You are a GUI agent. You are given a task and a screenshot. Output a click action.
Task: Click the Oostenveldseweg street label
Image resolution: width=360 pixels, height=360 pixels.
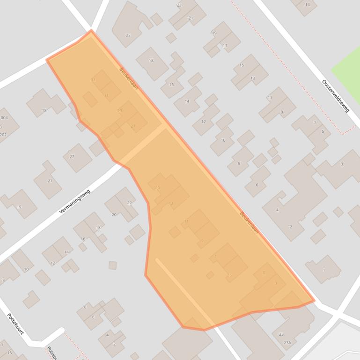click(x=336, y=96)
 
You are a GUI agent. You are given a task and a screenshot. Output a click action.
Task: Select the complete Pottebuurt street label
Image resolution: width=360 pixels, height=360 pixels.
click(x=15, y=324)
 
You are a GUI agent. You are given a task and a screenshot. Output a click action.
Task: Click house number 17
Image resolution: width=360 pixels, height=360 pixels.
click(x=225, y=46)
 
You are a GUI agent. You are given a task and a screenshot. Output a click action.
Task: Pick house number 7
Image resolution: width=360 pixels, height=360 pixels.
click(x=315, y=123)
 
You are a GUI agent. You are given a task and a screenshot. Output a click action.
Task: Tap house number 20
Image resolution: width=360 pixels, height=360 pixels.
click(x=114, y=215)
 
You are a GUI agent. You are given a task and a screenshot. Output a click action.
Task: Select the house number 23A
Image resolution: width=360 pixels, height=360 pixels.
click(x=287, y=343)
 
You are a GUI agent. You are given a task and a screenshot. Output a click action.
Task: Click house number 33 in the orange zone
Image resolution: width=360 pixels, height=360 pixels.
click(x=93, y=80)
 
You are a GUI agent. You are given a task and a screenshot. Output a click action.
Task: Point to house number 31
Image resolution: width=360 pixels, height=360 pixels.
click(x=107, y=95)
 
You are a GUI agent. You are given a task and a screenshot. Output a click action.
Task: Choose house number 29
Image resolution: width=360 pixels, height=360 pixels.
click(x=119, y=111)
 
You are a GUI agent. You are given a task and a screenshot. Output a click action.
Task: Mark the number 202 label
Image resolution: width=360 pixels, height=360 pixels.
click(x=3, y=135)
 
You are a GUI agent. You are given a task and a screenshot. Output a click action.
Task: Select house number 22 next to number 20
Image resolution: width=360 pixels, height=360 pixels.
click(x=130, y=203)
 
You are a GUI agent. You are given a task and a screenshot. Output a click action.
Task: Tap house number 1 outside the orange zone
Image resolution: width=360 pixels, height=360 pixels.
click(x=324, y=270)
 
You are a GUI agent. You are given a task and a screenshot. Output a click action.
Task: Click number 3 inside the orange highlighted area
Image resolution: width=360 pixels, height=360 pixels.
click(x=264, y=273)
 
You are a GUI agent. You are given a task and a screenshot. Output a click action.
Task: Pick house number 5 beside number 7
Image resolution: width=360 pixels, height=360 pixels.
click(x=323, y=132)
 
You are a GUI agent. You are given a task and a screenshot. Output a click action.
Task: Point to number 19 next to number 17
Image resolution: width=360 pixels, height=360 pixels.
click(x=214, y=33)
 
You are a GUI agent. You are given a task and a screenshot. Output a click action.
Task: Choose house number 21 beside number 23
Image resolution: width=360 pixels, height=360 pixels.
click(x=191, y=18)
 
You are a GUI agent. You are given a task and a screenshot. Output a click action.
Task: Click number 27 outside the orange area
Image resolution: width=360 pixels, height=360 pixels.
click(x=72, y=157)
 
